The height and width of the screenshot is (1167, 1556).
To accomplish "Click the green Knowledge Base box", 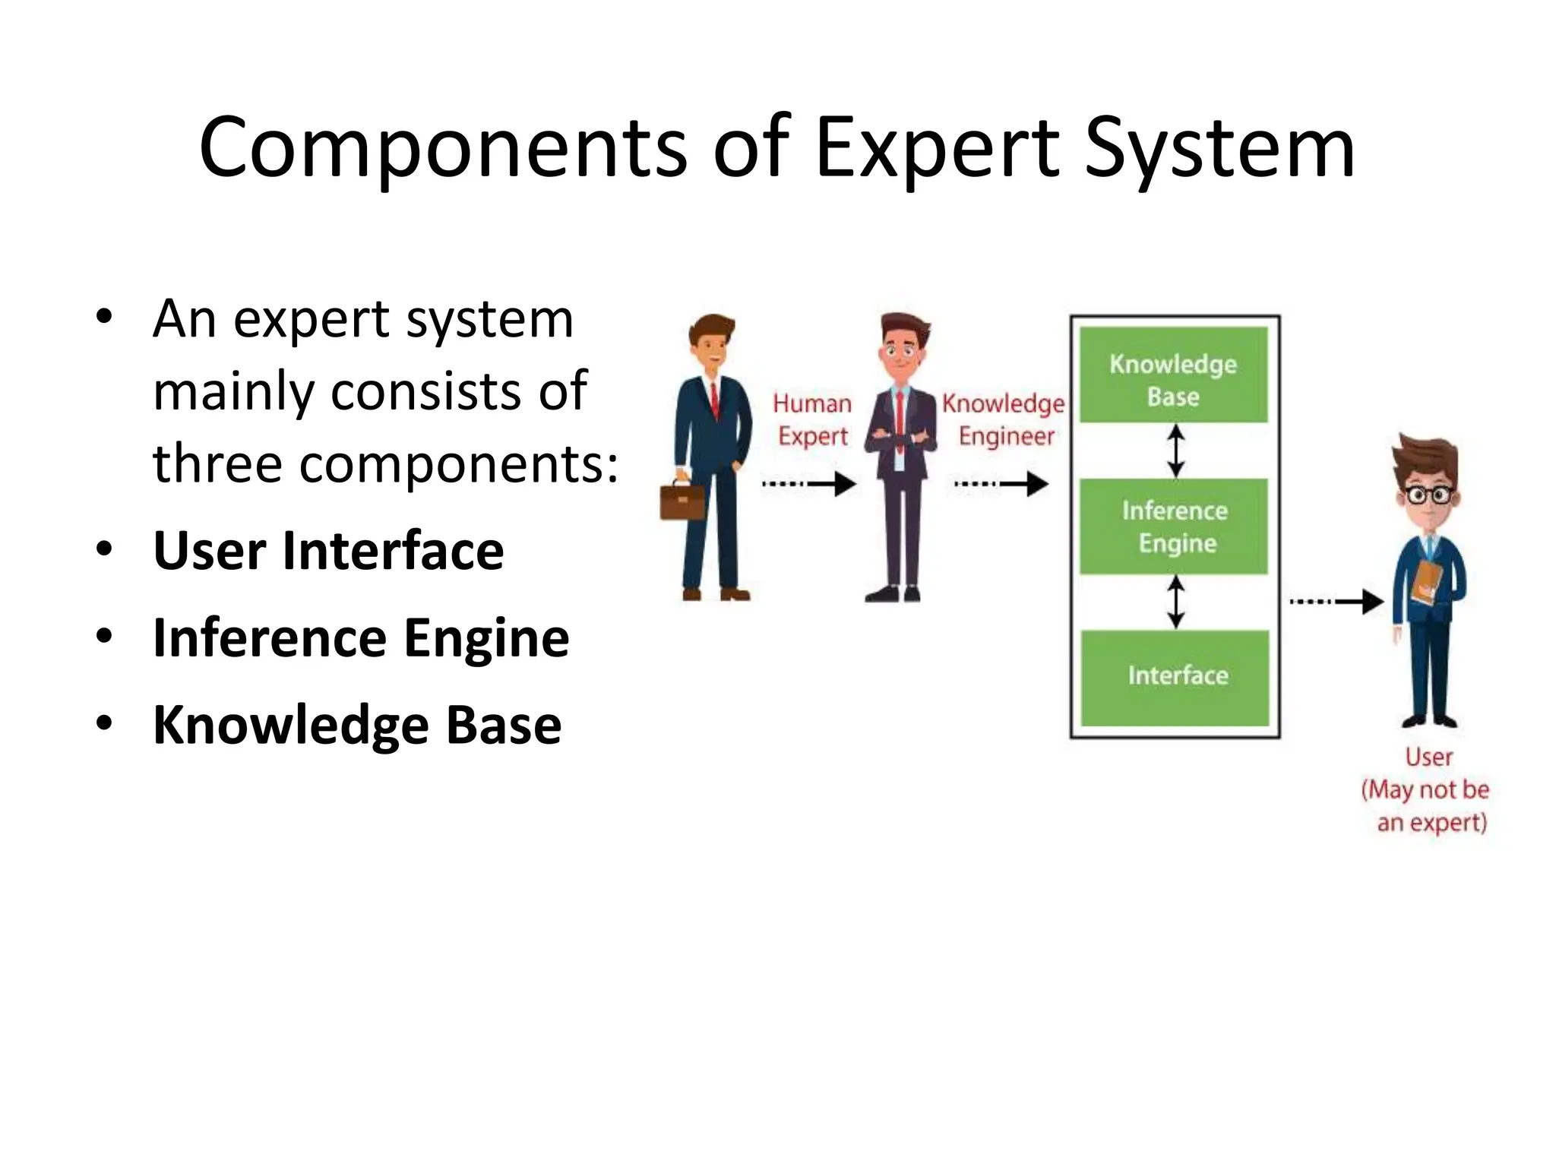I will tap(1174, 375).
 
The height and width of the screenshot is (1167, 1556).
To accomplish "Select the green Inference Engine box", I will tap(1174, 527).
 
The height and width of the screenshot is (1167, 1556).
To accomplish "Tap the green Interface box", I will tap(1175, 676).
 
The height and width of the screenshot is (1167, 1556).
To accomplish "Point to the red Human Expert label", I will tap(812, 419).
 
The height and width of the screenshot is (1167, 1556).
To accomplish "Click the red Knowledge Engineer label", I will tap(1004, 419).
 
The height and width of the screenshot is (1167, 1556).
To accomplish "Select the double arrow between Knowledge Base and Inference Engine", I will tap(1176, 451).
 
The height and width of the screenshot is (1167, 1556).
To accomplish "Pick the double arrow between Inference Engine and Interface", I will tap(1176, 602).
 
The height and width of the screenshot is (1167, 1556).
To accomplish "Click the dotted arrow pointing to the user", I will tap(1336, 602).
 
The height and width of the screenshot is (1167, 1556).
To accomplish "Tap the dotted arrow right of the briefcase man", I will tap(810, 483).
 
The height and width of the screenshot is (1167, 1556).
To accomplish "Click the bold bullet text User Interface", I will tap(328, 551).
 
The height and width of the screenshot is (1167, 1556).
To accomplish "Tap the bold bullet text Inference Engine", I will tap(361, 638).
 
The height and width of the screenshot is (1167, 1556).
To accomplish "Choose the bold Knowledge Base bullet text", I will tap(357, 726).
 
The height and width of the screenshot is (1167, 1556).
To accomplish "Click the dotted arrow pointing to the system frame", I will tap(1001, 483).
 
